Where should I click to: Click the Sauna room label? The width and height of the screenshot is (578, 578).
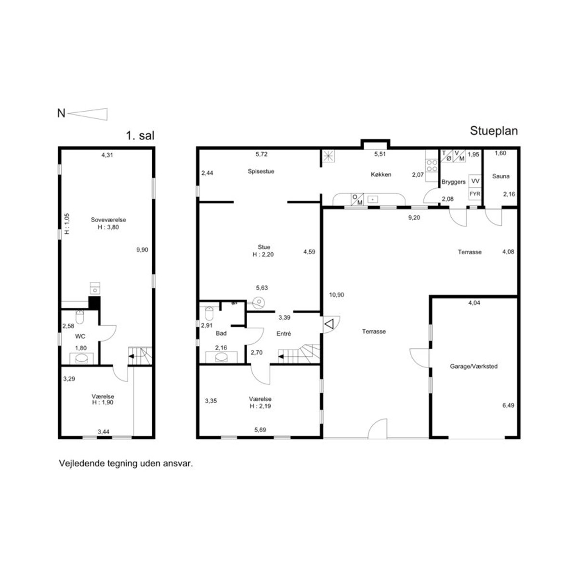click(x=500, y=176)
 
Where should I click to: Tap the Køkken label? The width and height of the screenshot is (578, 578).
click(x=381, y=174)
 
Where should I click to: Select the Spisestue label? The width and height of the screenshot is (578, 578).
click(x=261, y=171)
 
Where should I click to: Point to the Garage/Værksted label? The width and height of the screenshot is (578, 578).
click(x=473, y=366)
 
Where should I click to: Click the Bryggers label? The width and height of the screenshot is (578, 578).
click(x=453, y=182)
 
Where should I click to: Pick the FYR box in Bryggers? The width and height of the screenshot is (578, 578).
click(x=475, y=194)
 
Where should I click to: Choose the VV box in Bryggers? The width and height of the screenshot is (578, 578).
click(x=475, y=181)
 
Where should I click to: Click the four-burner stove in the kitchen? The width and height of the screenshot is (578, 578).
click(x=432, y=166)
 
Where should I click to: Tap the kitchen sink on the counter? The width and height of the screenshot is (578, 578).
click(x=373, y=199)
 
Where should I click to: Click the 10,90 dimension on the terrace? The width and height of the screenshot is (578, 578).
click(x=337, y=295)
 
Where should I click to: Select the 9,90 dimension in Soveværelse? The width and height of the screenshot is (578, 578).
click(x=142, y=250)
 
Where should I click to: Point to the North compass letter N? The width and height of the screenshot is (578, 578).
click(x=61, y=113)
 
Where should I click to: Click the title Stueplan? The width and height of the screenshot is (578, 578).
click(x=494, y=131)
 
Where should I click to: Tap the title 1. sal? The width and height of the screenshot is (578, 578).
click(x=140, y=135)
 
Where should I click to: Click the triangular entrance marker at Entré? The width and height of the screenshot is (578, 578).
click(x=329, y=324)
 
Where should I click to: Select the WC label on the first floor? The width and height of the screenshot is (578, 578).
click(x=80, y=337)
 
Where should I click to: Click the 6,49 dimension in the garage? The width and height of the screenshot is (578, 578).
click(x=508, y=406)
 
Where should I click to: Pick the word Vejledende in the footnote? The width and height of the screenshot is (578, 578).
click(x=79, y=463)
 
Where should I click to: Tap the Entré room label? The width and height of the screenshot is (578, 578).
click(x=283, y=333)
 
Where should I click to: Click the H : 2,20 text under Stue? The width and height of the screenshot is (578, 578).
click(x=263, y=255)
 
